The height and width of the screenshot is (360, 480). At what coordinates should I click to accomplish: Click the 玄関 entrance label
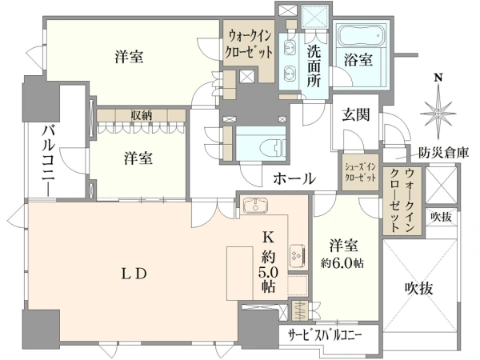357,114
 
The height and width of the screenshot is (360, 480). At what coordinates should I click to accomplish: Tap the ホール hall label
294,178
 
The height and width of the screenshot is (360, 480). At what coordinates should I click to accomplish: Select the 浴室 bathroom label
358,59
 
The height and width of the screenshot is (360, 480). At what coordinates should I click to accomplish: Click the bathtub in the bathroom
361,36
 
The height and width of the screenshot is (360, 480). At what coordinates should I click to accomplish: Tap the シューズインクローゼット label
359,172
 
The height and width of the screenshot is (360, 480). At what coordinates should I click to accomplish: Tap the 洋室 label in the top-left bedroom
129,57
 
